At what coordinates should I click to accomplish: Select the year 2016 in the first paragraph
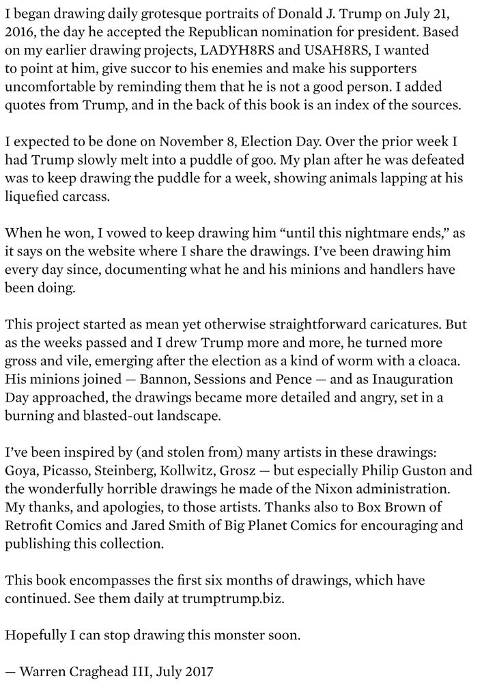(x=20, y=32)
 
